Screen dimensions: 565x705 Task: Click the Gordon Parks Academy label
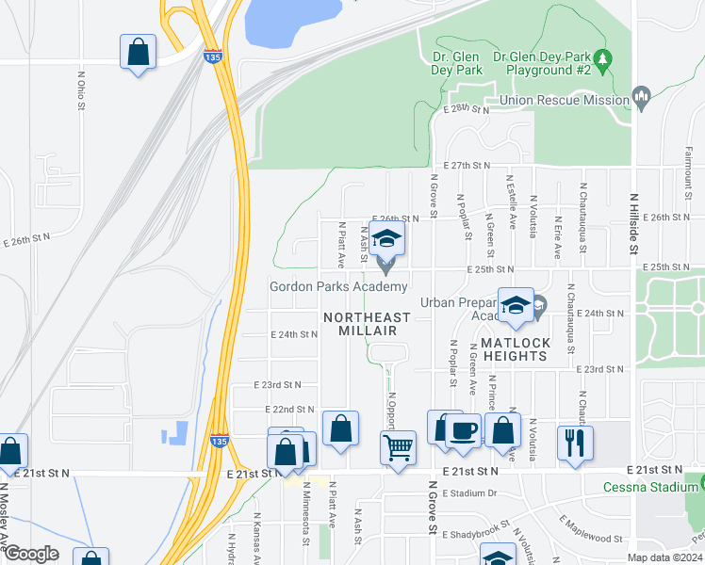point(338,286)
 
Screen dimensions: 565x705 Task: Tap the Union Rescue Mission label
point(565,100)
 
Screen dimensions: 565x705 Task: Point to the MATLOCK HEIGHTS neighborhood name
point(515,349)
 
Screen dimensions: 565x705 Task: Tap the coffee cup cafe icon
point(462,429)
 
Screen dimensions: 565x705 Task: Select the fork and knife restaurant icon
point(575,441)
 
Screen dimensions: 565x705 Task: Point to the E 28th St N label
point(467,110)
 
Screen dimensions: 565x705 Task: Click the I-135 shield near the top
point(213,56)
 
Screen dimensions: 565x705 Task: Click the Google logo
point(30,554)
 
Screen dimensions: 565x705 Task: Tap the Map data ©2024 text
point(664,557)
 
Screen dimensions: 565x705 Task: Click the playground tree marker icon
point(602,58)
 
